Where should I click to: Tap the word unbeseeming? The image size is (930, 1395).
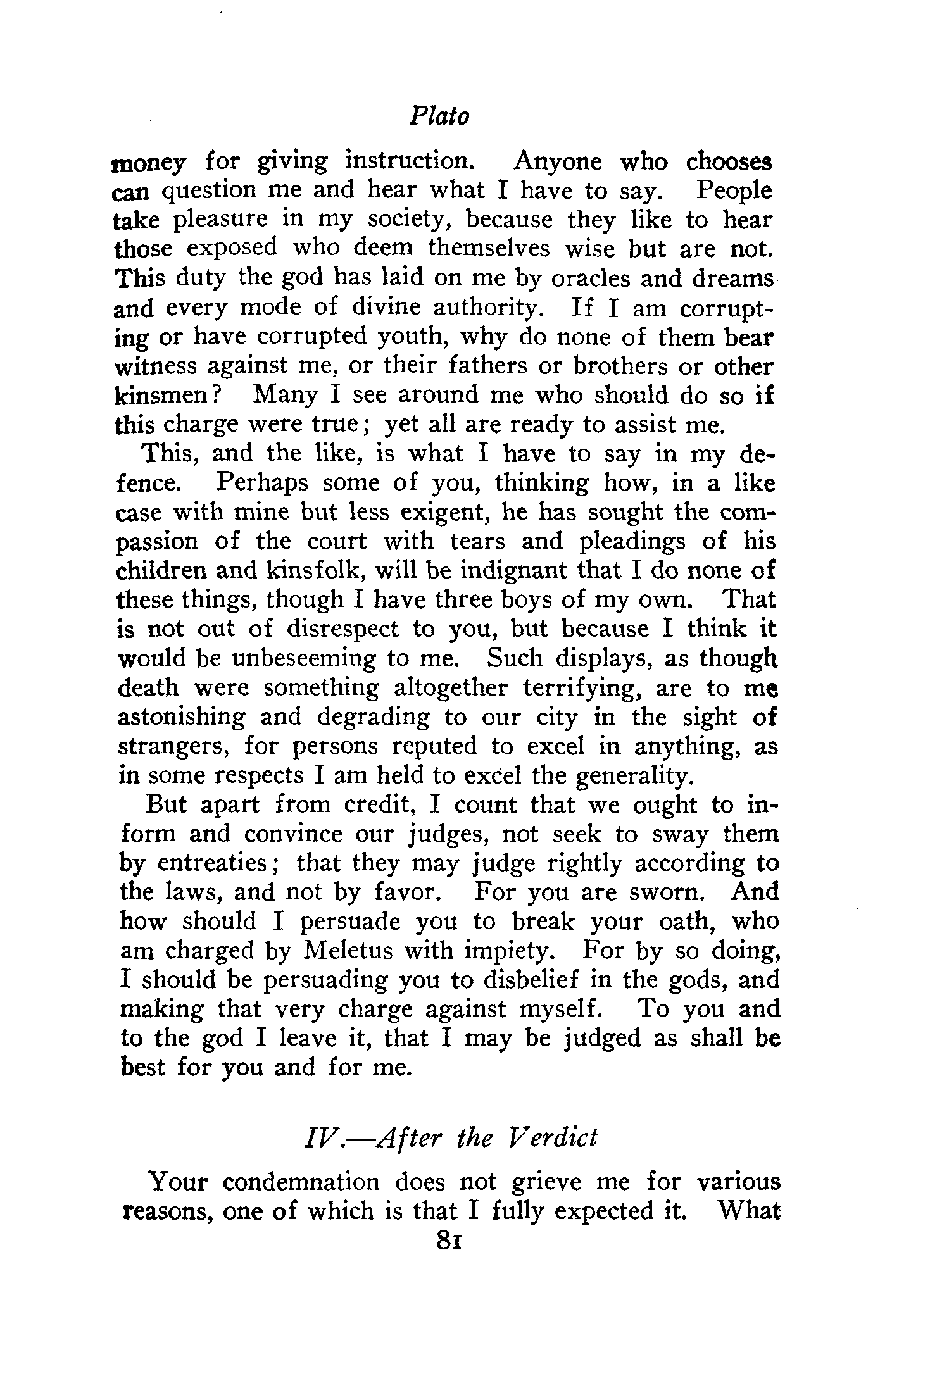(305, 658)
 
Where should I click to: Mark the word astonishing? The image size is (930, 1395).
(182, 718)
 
